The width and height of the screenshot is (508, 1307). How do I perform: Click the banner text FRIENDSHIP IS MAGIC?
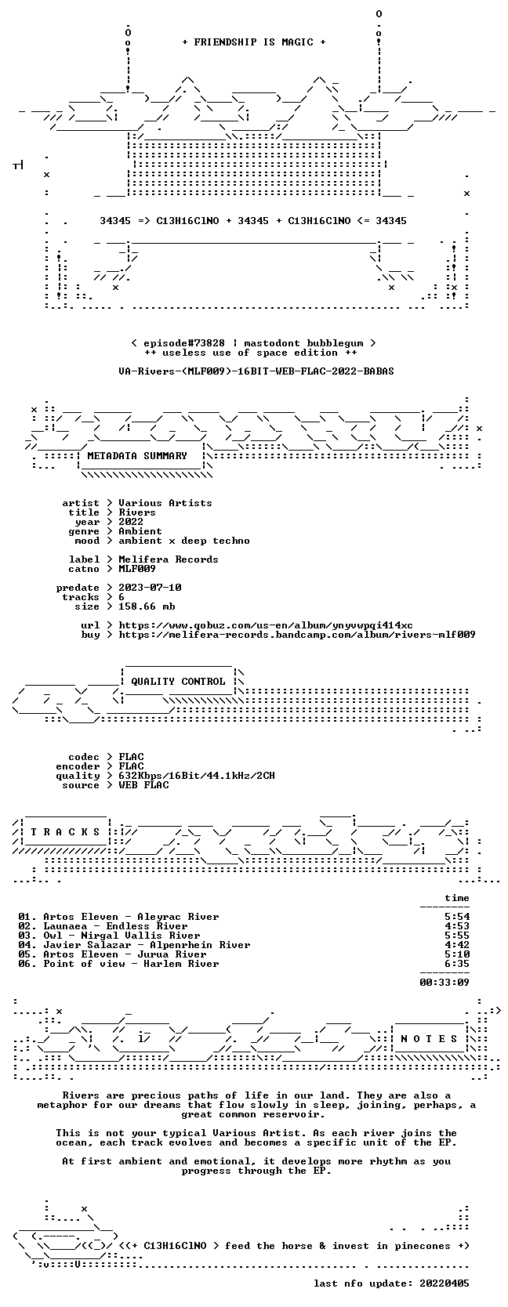pyautogui.click(x=254, y=42)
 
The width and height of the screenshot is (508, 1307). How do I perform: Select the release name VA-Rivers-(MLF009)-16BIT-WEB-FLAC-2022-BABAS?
pyautogui.click(x=256, y=371)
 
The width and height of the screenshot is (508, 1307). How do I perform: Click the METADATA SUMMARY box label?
pyautogui.click(x=137, y=456)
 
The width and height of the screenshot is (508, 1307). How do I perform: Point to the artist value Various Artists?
pyautogui.click(x=165, y=503)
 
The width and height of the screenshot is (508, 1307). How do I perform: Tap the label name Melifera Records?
pyautogui.click(x=169, y=559)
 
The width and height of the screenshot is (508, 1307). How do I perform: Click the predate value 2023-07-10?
pyautogui.click(x=150, y=587)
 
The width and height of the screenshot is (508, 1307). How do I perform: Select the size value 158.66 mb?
pyautogui.click(x=147, y=606)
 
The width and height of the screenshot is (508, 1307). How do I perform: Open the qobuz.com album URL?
pyautogui.click(x=266, y=625)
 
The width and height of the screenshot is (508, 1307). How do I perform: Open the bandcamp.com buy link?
pyautogui.click(x=296, y=635)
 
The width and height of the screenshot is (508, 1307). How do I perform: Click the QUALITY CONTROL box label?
pyautogui.click(x=177, y=682)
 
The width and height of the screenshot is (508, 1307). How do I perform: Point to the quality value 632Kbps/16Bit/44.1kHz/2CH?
pyautogui.click(x=197, y=776)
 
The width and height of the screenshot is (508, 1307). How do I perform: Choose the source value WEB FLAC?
pyautogui.click(x=143, y=785)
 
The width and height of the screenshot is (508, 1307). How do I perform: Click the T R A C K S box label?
pyautogui.click(x=65, y=832)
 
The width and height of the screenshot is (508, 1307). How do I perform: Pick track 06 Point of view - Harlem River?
pyautogui.click(x=118, y=964)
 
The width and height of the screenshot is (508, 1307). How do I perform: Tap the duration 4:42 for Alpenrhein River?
pyautogui.click(x=456, y=945)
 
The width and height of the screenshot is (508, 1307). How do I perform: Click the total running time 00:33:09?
pyautogui.click(x=444, y=983)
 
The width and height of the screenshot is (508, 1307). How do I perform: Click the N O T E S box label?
pyautogui.click(x=429, y=1038)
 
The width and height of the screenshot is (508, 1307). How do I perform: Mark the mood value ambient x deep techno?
pyautogui.click(x=184, y=541)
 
